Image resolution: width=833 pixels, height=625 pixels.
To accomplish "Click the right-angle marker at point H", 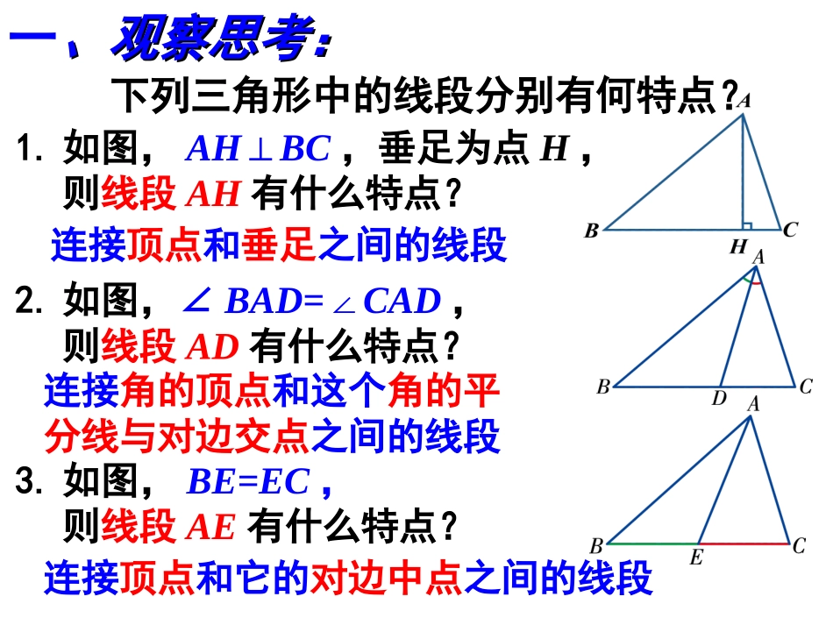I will (x=746, y=224).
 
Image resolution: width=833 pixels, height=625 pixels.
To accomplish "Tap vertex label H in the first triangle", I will (x=738, y=247).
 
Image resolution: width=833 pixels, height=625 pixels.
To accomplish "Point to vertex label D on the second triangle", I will (x=719, y=399).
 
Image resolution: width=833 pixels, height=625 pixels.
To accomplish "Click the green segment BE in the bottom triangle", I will (x=653, y=543).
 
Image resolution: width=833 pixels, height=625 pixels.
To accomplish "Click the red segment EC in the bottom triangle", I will (x=745, y=543).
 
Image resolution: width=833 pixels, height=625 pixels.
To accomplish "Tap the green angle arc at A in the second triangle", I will (x=748, y=276).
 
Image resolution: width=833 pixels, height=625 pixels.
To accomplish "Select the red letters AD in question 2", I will (x=212, y=349).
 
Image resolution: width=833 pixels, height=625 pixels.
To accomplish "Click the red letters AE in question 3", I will (x=211, y=528).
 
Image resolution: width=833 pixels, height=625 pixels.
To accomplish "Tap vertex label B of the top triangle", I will (x=591, y=231).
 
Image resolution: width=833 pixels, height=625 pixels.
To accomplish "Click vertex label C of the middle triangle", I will (x=806, y=386).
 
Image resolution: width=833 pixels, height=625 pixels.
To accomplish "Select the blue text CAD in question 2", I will (x=402, y=302).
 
